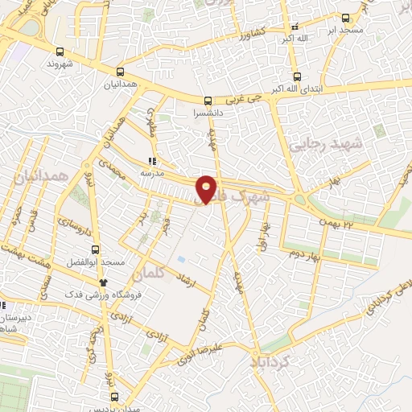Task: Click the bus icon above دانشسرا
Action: coord(208,101)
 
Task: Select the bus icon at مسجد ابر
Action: coord(345,18)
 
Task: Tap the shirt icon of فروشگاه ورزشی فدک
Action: coord(103,282)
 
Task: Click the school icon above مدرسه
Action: coord(152,160)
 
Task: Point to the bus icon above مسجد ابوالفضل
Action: coord(96,249)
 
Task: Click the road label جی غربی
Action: coord(243,98)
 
